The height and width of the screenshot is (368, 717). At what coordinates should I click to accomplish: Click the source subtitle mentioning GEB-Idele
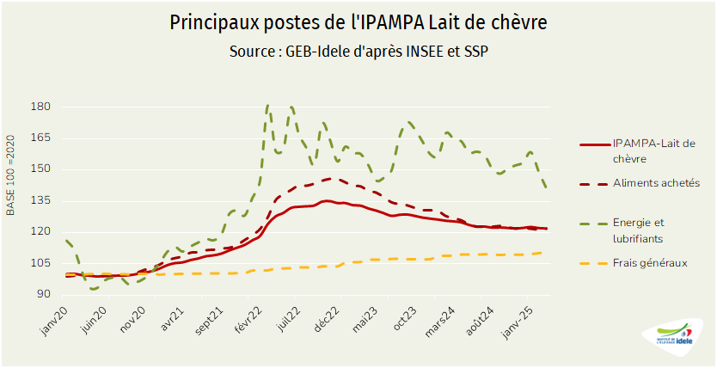coord(359,52)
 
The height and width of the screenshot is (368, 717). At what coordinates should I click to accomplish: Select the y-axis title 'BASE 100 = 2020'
coord(11,175)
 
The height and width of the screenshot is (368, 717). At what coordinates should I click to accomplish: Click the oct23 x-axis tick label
coord(405,320)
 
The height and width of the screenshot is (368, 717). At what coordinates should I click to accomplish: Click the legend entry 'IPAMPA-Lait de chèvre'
coord(654,150)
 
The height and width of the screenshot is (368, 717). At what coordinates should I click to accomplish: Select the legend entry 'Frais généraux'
coord(650,263)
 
